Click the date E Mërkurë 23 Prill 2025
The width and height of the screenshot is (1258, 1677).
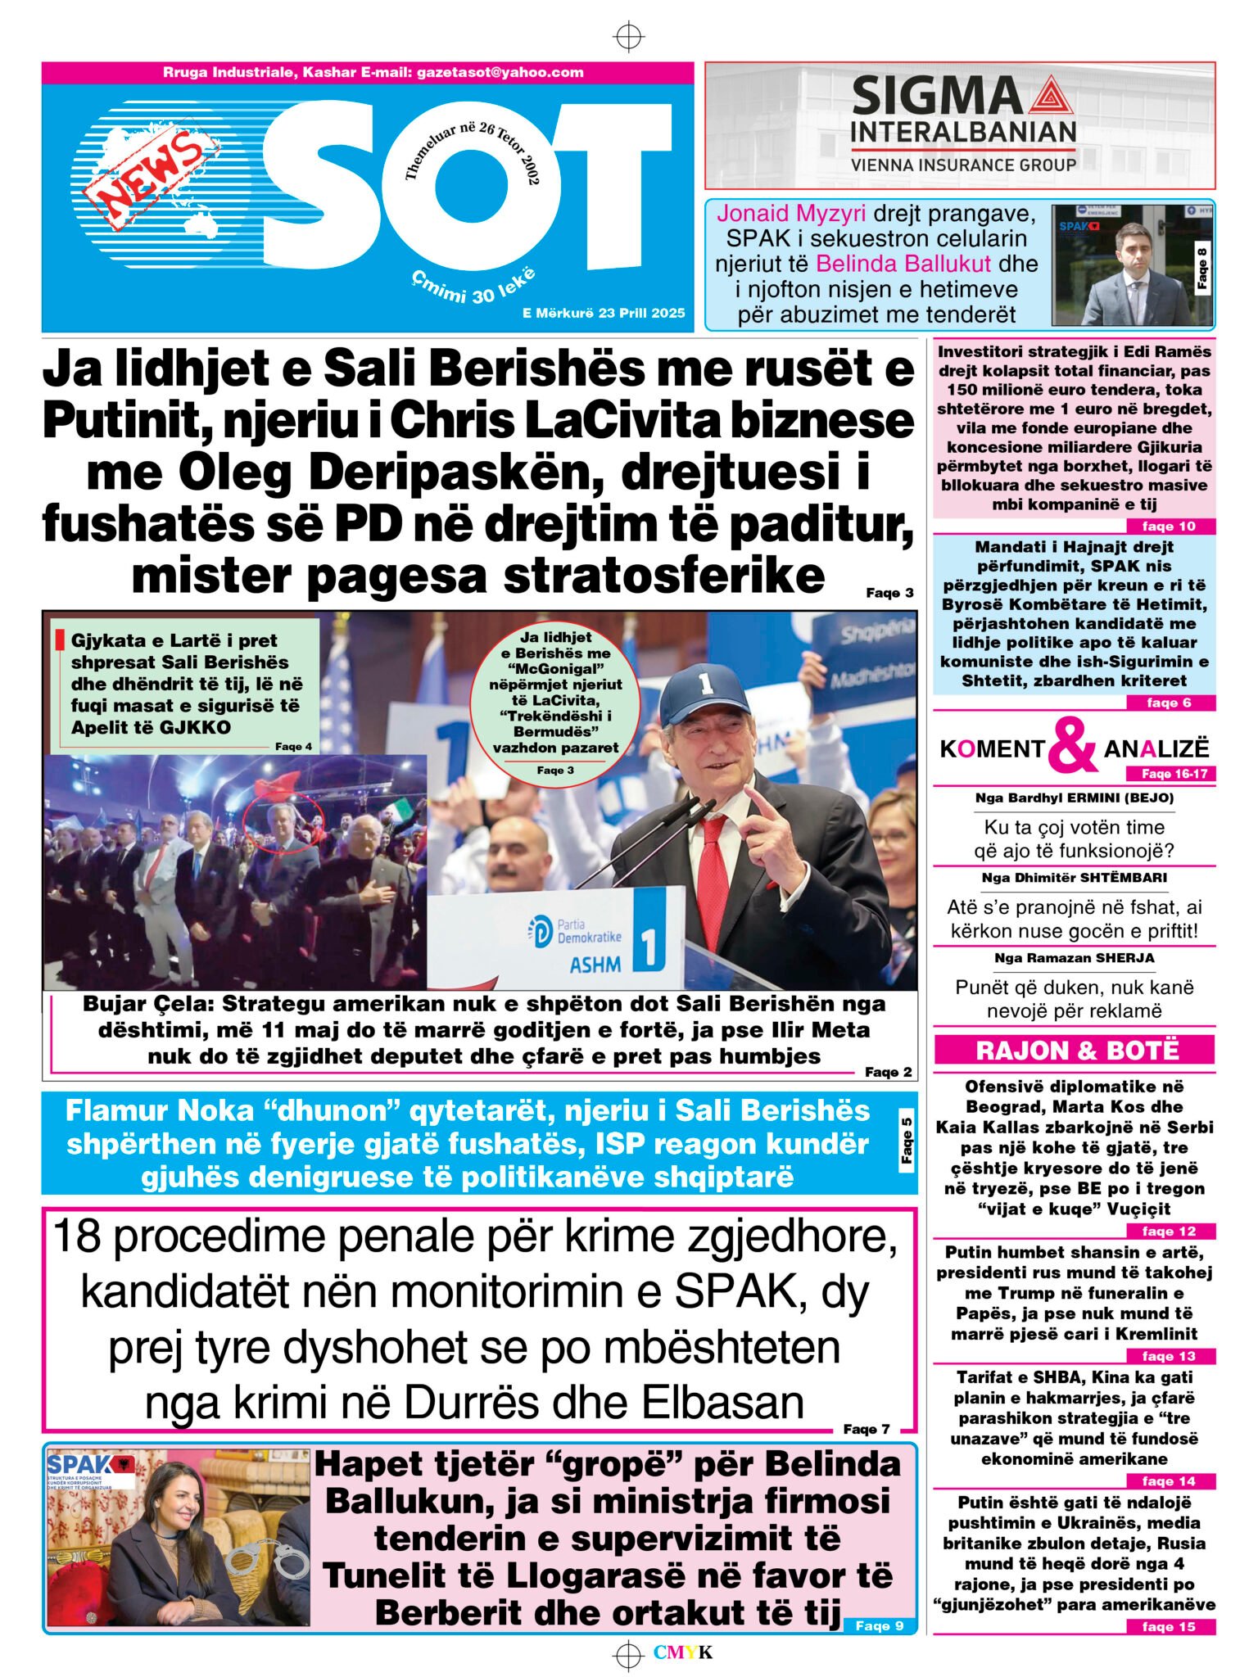tap(604, 313)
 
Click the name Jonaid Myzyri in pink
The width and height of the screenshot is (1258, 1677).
tap(791, 214)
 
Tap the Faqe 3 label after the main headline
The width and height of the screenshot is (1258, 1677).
tap(889, 593)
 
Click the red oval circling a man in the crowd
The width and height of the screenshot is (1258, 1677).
tap(283, 824)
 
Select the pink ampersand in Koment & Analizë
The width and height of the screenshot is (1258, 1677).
tap(1072, 745)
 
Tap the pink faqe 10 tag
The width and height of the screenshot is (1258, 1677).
tap(1169, 527)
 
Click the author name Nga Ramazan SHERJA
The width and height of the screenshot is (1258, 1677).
tap(1074, 958)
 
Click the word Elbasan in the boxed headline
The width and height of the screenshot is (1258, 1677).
tap(722, 1403)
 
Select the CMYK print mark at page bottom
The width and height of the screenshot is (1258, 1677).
tap(682, 1652)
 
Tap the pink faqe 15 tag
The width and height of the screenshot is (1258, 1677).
tap(1169, 1627)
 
